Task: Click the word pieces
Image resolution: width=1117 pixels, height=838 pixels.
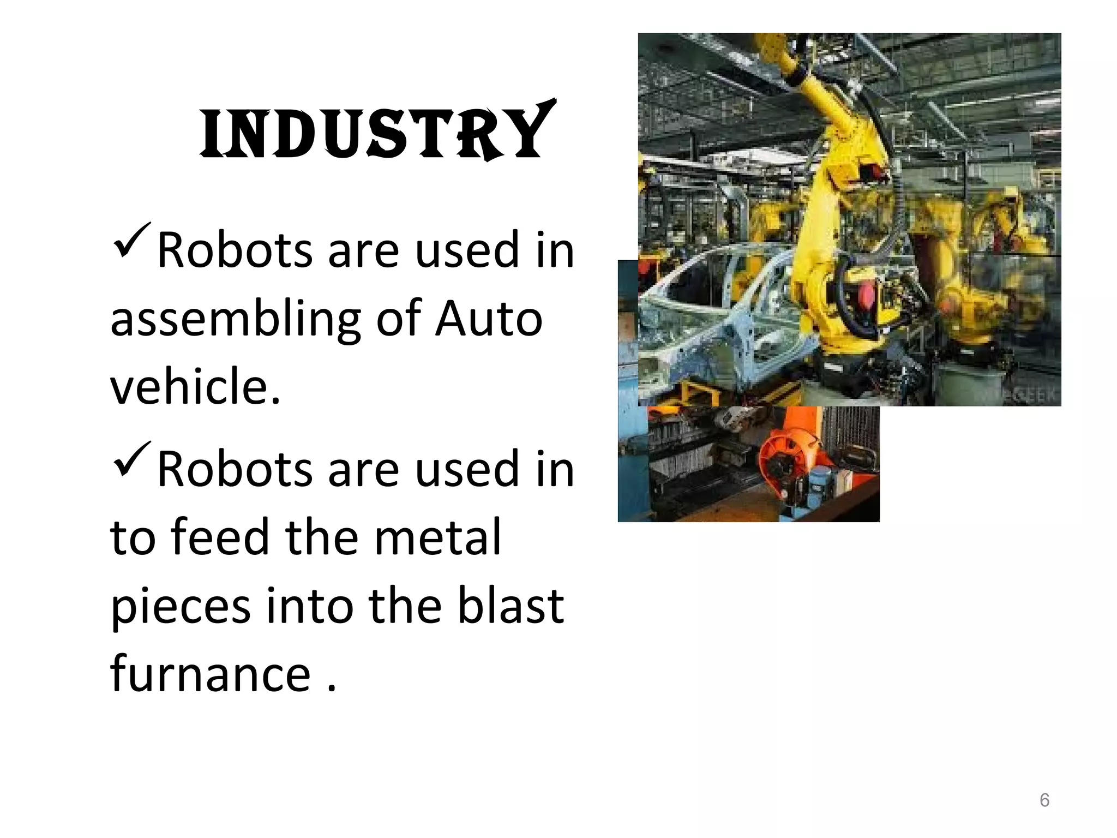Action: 181,607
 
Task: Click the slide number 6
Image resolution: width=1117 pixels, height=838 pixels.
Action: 1044,800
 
